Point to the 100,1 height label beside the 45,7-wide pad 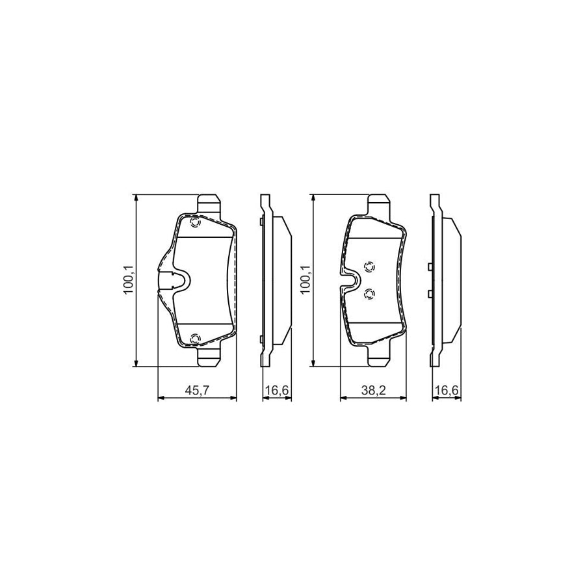[x=129, y=279]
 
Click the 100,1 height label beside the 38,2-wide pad [x=306, y=279]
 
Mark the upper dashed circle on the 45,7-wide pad [x=195, y=223]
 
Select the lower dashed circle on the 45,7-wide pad [x=195, y=339]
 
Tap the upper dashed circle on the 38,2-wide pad [x=369, y=266]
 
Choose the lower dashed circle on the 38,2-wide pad [x=369, y=294]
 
